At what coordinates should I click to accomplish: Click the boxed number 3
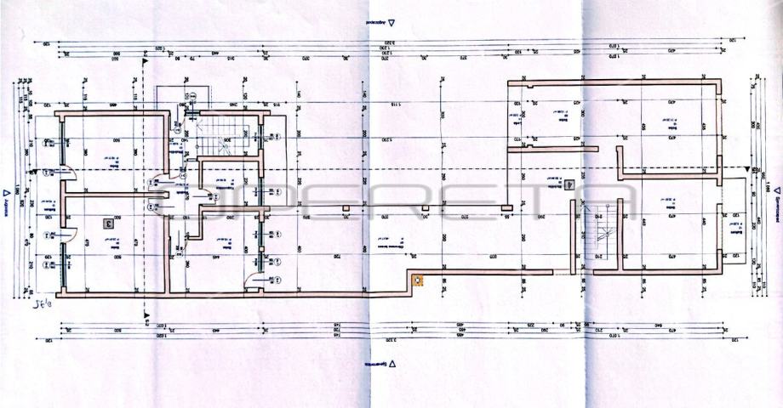coord(108,224)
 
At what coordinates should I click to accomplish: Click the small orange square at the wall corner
coord(416,277)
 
